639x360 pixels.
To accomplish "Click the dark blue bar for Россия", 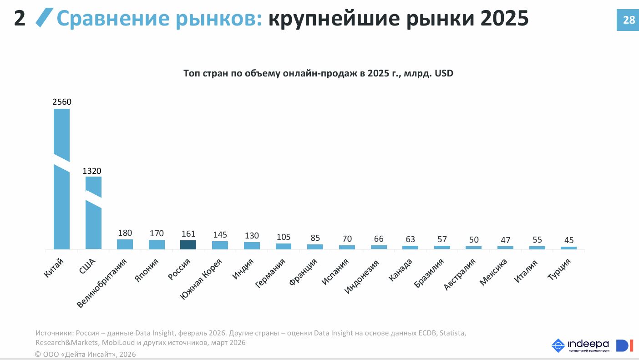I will pyautogui.click(x=188, y=245).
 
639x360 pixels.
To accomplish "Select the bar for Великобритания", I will pyautogui.click(x=125, y=244).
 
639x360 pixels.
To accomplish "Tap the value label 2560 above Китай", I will pyautogui.click(x=62, y=102).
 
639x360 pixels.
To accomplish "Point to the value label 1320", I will pyautogui.click(x=92, y=171).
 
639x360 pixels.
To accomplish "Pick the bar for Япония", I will pyautogui.click(x=157, y=244).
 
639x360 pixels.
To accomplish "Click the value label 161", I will pyautogui.click(x=188, y=234).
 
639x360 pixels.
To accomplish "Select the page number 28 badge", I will pyautogui.click(x=628, y=20).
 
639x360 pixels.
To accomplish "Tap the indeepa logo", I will pyautogui.click(x=580, y=345).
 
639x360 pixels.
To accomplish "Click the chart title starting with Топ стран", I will pyautogui.click(x=318, y=73).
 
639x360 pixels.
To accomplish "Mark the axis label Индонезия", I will pyautogui.click(x=362, y=276).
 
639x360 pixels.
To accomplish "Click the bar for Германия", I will pyautogui.click(x=283, y=246).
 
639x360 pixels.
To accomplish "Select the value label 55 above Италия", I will pyautogui.click(x=537, y=240).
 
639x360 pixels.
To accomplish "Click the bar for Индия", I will pyautogui.click(x=252, y=245).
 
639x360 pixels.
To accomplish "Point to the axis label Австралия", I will pyautogui.click(x=460, y=275).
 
